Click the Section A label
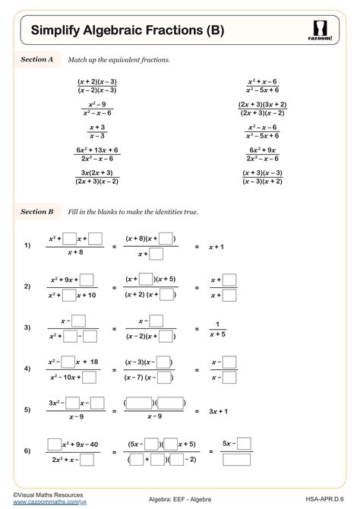pos(36,58)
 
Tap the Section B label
pos(36,211)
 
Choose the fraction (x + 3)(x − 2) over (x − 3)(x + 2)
pos(262,176)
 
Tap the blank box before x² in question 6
pos(55,443)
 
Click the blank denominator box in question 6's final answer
pos(237,459)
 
